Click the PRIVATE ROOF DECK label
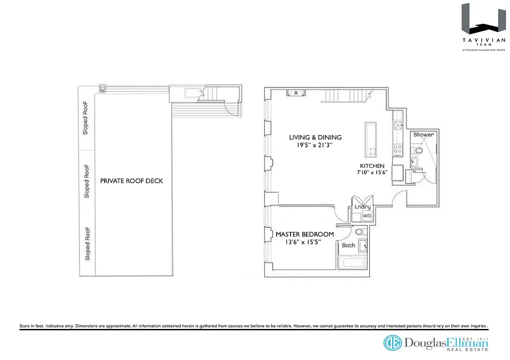click(132, 181)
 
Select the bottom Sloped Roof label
click(87, 243)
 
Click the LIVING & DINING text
click(315, 137)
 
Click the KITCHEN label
click(372, 166)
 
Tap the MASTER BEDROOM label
click(305, 234)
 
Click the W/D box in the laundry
click(367, 216)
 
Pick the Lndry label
click(363, 207)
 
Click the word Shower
click(423, 135)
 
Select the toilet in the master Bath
click(359, 233)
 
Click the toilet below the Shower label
click(419, 150)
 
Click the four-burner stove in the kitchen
click(398, 148)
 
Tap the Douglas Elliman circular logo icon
click(392, 343)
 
